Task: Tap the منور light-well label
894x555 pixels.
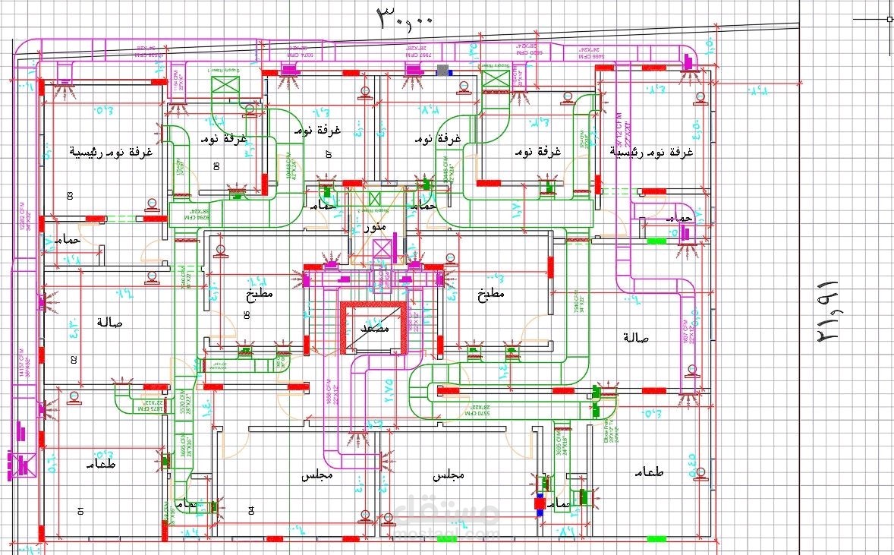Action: point(375,227)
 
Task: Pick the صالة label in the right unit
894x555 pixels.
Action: point(634,336)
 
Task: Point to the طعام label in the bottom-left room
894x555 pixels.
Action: point(100,464)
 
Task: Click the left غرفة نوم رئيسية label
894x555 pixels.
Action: point(112,152)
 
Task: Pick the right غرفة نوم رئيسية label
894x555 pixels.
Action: point(652,152)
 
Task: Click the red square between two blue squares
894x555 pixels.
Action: point(540,503)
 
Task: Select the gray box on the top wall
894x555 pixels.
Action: point(442,71)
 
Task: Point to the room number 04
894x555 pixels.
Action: point(251,511)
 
